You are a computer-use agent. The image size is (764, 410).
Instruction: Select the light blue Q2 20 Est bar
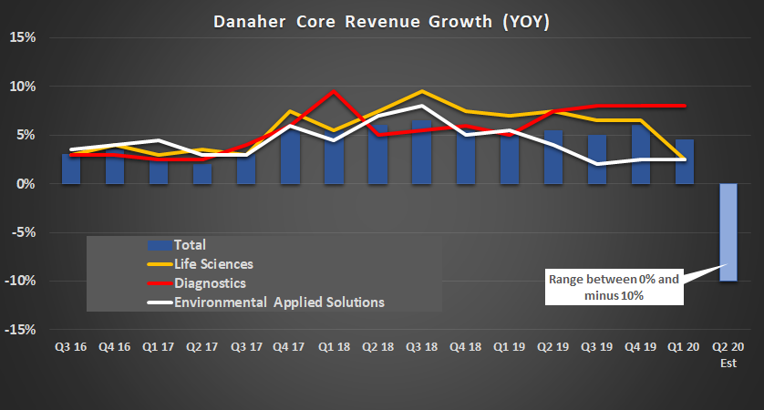[x=730, y=232]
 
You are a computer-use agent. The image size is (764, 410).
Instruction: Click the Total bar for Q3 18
[x=421, y=152]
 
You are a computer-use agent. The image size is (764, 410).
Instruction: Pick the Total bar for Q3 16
[x=71, y=169]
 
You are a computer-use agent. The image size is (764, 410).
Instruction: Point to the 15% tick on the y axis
[x=21, y=37]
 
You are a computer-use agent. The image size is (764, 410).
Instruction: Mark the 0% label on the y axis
[x=25, y=184]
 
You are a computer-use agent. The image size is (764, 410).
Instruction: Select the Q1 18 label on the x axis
[x=334, y=347]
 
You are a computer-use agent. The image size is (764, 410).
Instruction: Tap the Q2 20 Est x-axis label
[x=730, y=354]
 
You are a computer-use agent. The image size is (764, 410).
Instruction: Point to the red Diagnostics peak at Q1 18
[x=334, y=92]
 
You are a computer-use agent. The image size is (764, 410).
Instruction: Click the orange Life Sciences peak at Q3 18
[x=421, y=91]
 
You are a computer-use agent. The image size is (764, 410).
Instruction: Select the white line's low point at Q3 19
[x=597, y=164]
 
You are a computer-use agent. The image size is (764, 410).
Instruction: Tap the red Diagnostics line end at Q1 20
[x=686, y=106]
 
